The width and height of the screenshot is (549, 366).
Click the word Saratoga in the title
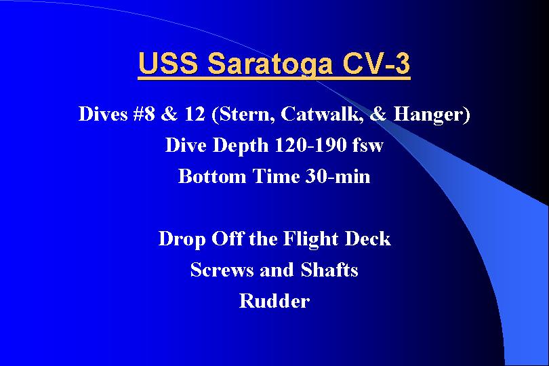pyautogui.click(x=269, y=64)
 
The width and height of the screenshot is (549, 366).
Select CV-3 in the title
pyautogui.click(x=375, y=63)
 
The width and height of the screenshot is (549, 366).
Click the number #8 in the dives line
pyautogui.click(x=144, y=114)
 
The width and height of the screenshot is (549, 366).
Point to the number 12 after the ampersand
pyautogui.click(x=195, y=114)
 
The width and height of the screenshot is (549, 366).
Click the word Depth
pyautogui.click(x=241, y=146)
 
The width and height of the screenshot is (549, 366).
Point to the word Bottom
pyautogui.click(x=212, y=176)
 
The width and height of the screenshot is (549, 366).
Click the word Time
pyautogui.click(x=276, y=176)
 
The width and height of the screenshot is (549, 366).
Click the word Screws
pyautogui.click(x=222, y=270)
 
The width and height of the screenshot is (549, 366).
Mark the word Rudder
pyautogui.click(x=274, y=301)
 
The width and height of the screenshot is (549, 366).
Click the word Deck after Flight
pyautogui.click(x=367, y=239)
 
